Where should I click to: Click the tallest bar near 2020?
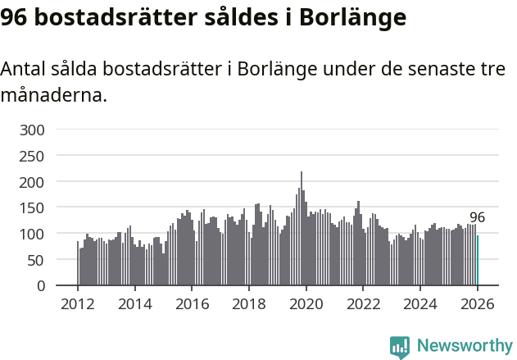pyautogui.click(x=302, y=230)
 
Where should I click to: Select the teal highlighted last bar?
pyautogui.click(x=478, y=261)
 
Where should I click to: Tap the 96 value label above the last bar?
pyautogui.click(x=477, y=218)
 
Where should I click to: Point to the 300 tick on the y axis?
pyautogui.click(x=34, y=130)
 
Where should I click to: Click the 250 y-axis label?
pyautogui.click(x=34, y=156)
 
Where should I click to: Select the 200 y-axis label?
pyautogui.click(x=34, y=182)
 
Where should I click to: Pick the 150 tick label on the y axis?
pyautogui.click(x=34, y=208)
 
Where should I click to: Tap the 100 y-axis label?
pyautogui.click(x=34, y=235)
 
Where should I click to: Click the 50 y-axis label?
pyautogui.click(x=38, y=260)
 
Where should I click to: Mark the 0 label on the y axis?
pyautogui.click(x=42, y=286)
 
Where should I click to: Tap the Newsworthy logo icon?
pyautogui.click(x=400, y=347)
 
